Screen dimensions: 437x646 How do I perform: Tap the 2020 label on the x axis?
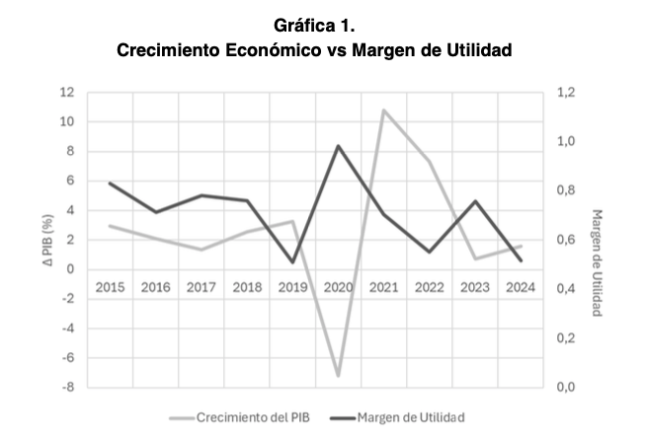(338, 287)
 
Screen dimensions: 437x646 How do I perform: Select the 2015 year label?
(110, 287)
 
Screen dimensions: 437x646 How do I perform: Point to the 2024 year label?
(520, 287)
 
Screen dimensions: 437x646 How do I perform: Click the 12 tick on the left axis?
(68, 93)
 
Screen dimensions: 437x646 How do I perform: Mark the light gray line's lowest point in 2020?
(338, 376)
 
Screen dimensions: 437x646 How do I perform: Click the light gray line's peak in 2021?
(383, 109)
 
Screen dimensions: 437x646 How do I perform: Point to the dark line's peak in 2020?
(338, 146)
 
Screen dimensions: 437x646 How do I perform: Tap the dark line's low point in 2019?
(292, 262)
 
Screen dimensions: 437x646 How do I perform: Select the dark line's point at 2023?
(474, 201)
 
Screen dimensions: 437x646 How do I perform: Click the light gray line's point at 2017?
(201, 250)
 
